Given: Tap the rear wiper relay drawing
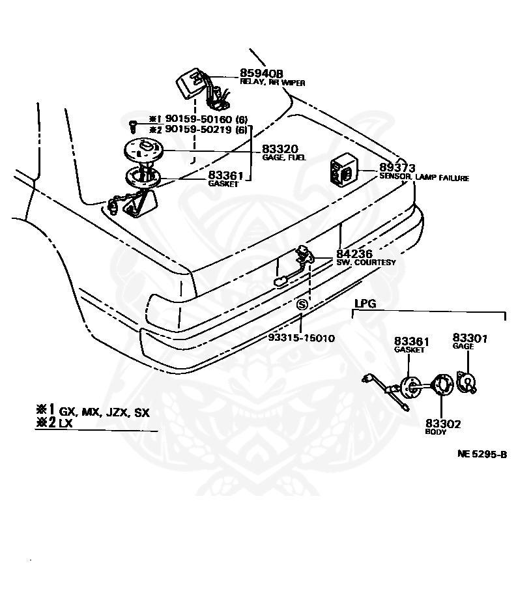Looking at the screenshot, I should coord(191,84).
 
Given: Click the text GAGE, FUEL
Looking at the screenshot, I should coord(285,158).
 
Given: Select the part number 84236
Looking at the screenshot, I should coord(356,254).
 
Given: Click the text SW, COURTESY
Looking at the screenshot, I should coord(366,263).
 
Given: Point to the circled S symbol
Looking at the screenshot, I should coord(301,304).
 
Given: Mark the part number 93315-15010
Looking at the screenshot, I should coord(302,338).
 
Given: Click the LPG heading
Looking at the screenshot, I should coord(365,304).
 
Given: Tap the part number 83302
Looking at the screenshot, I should coord(443,424).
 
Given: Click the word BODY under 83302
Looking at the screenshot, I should coord(435,432).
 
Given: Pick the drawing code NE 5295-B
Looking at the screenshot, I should coord(481,454).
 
